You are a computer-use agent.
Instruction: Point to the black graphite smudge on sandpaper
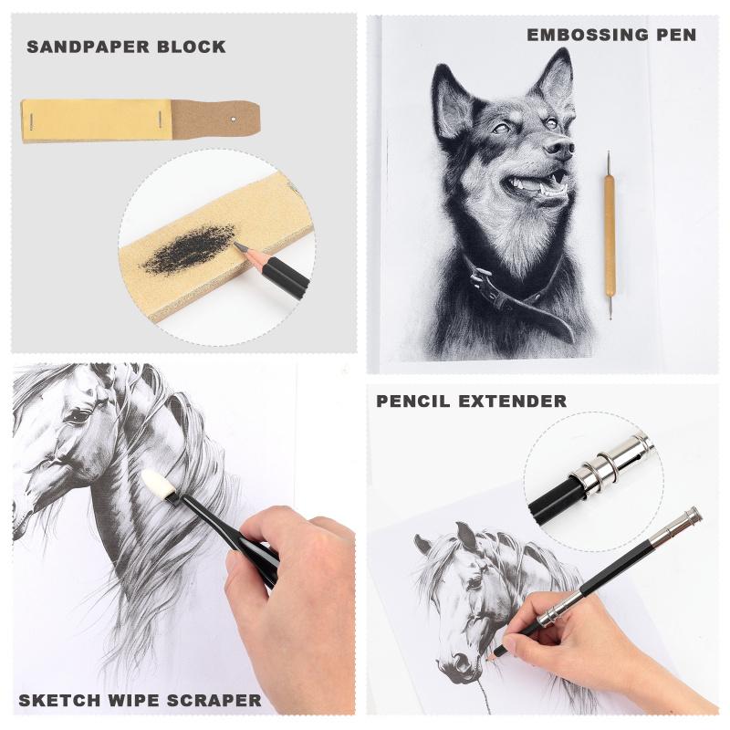click(x=188, y=249)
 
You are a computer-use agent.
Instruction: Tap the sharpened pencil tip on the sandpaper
click(x=238, y=245)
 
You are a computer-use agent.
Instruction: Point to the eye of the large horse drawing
click(x=77, y=415)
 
